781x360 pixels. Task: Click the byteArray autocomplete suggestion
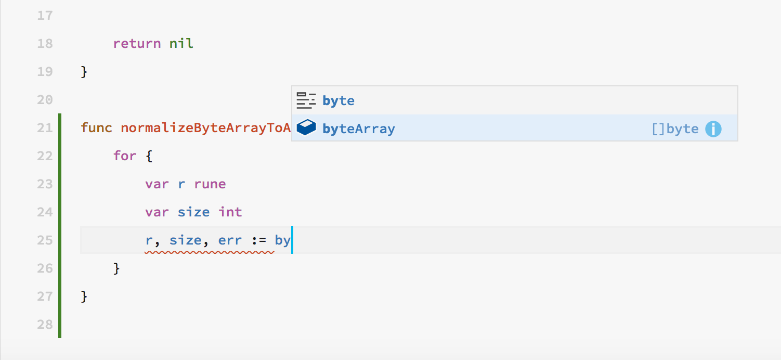click(x=358, y=128)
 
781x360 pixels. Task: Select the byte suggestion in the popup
click(x=338, y=100)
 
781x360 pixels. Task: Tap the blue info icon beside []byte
click(x=713, y=128)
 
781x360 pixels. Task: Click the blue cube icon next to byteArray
click(x=306, y=127)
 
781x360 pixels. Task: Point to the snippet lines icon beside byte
click(x=306, y=100)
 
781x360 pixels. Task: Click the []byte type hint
click(x=675, y=128)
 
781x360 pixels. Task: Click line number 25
click(x=45, y=240)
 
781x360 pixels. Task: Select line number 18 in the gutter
click(x=45, y=43)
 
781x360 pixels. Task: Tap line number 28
click(x=45, y=325)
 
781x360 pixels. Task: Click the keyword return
click(x=137, y=44)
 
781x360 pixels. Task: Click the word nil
click(x=181, y=43)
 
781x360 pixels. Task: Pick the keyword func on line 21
click(x=97, y=127)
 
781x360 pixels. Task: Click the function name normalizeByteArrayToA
click(x=206, y=128)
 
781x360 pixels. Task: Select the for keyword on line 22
click(x=125, y=156)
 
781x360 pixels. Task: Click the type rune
click(x=210, y=184)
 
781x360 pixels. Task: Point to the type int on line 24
click(x=230, y=212)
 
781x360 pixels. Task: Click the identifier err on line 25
click(x=230, y=240)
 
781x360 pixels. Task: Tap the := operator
click(x=259, y=240)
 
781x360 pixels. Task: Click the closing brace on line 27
click(x=84, y=297)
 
